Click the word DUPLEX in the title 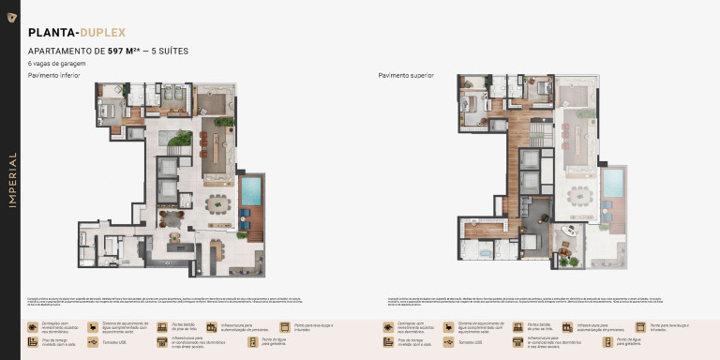(x=103, y=33)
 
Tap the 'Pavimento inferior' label (x=53, y=75)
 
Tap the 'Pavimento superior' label (x=406, y=75)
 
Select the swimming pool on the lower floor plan (x=251, y=190)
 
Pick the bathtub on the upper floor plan (x=488, y=251)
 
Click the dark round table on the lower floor (x=172, y=219)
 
